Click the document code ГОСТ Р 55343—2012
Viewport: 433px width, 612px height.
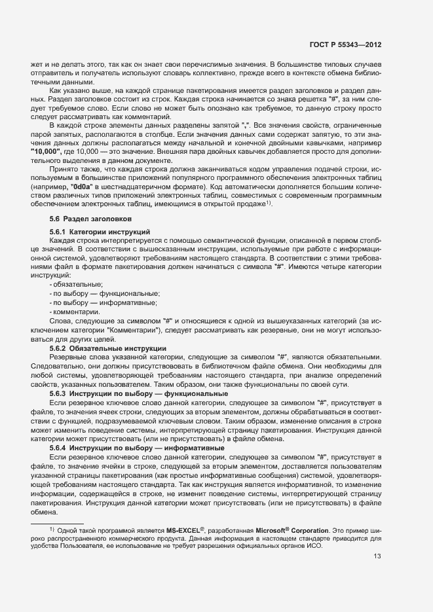tap(345, 45)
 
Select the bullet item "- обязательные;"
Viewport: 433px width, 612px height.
tap(76, 284)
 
